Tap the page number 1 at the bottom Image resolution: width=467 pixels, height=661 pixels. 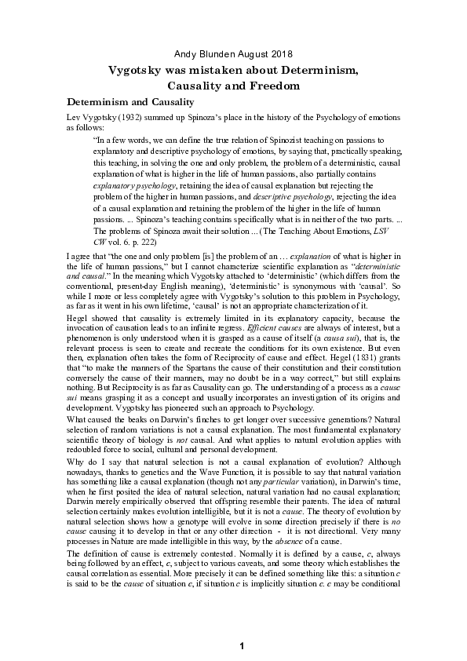coord(243,645)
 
